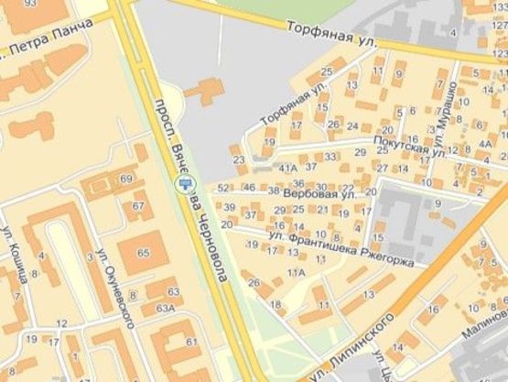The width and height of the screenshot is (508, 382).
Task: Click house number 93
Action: (32, 5)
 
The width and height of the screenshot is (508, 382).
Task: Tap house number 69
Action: (125, 179)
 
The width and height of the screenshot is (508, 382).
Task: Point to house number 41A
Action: (287, 169)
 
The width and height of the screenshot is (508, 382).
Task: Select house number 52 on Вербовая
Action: (224, 188)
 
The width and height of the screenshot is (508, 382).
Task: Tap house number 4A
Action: (484, 144)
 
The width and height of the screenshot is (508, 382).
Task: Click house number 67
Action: (138, 206)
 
